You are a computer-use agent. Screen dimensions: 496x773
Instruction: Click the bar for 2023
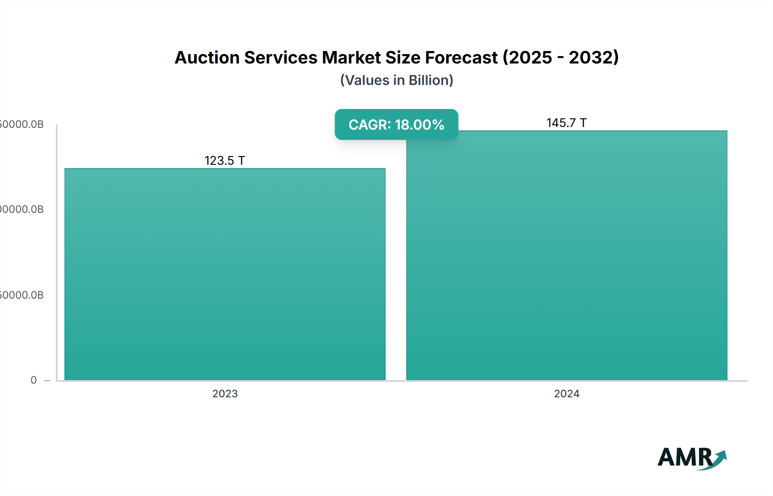(225, 275)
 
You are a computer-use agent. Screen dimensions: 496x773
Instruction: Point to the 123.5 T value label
(225, 160)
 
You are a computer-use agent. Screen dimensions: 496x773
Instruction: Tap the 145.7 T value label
(566, 123)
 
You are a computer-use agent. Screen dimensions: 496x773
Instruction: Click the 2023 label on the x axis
(225, 394)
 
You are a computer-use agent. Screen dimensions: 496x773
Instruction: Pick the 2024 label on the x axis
(567, 394)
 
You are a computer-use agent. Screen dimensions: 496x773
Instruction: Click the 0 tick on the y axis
(33, 380)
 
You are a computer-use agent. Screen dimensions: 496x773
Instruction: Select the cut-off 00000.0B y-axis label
(21, 209)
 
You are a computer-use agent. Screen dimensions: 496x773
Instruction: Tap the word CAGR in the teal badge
(368, 125)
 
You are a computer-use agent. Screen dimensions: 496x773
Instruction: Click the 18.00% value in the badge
(420, 125)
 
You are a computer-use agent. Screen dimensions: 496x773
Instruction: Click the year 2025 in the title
(530, 57)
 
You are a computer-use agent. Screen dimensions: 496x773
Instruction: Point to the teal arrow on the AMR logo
(719, 458)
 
